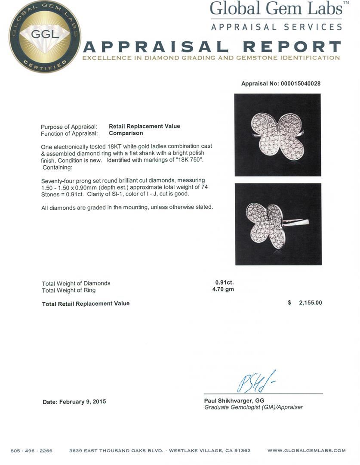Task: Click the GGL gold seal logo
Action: click(x=44, y=37)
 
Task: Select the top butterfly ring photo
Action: click(x=277, y=135)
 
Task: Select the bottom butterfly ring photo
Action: click(x=278, y=224)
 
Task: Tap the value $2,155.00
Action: click(x=310, y=303)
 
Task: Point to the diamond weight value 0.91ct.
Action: click(x=225, y=283)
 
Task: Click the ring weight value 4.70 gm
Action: click(x=223, y=290)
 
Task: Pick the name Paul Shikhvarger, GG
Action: click(x=234, y=400)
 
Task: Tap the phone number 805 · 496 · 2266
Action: click(x=31, y=451)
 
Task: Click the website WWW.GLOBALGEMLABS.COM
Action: click(x=306, y=451)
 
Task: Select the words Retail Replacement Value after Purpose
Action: click(x=145, y=126)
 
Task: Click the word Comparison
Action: click(x=126, y=133)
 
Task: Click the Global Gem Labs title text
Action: click(x=277, y=9)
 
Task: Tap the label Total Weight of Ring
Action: click(x=69, y=290)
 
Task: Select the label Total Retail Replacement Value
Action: click(x=86, y=304)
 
